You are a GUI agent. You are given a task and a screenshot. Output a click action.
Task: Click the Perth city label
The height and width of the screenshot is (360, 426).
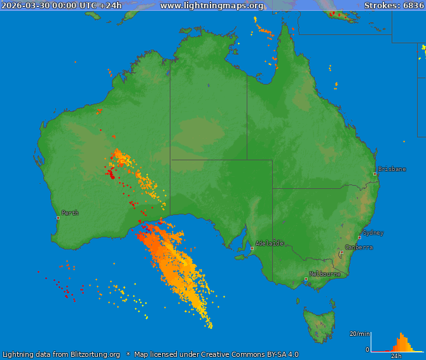click(70, 213)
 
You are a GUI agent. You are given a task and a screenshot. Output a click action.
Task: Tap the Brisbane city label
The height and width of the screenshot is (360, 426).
click(392, 169)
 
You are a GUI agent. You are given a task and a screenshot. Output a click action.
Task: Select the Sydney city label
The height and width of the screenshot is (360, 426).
click(373, 233)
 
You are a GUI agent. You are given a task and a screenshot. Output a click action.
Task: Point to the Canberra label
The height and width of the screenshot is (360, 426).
click(359, 247)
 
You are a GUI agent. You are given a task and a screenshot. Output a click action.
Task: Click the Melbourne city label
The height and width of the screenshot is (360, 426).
click(324, 274)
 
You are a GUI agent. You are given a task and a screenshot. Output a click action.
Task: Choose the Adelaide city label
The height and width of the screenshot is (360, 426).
click(269, 243)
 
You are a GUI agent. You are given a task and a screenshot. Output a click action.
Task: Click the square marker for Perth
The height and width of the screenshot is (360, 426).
click(58, 218)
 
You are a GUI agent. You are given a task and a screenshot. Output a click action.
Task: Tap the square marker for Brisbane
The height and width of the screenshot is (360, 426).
click(375, 174)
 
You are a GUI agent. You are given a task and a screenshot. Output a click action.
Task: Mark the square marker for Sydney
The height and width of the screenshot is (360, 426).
click(360, 237)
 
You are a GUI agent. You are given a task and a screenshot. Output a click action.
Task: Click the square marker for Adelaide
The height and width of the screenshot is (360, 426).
click(252, 248)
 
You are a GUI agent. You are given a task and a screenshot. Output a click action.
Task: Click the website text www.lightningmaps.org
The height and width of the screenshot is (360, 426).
click(211, 6)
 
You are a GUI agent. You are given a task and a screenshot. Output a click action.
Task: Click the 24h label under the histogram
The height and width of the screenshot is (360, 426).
click(396, 356)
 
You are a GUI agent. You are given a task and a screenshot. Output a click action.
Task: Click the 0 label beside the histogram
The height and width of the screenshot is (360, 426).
click(367, 349)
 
